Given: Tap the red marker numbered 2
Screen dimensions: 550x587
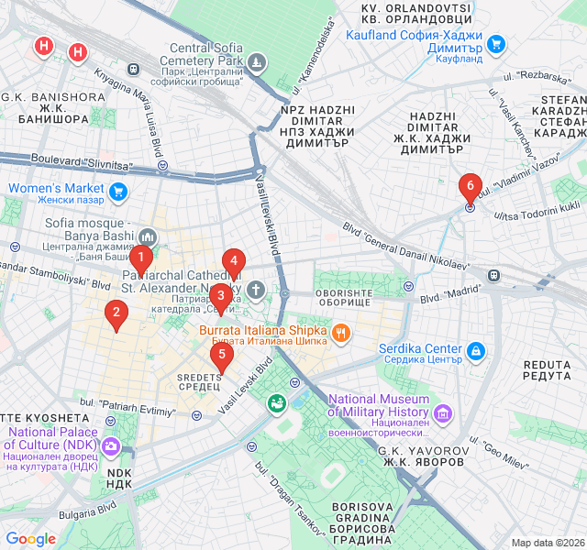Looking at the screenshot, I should point(116,314).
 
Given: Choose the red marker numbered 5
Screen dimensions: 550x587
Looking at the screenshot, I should point(221,357).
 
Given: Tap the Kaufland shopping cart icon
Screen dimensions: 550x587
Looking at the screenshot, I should point(496,43).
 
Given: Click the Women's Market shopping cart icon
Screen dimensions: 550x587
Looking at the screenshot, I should point(117,192).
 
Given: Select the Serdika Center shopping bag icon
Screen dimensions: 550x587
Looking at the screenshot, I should point(475,350).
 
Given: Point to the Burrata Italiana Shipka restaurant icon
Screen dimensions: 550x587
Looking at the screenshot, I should point(339,332).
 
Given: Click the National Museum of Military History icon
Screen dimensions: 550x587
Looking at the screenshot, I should point(443,413).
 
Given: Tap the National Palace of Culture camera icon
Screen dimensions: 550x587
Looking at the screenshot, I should point(111,446).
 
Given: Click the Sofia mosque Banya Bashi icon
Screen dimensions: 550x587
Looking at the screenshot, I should point(150,238).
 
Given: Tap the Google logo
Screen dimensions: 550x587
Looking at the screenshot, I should point(31,539).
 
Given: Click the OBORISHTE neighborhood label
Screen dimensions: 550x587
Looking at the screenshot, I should point(344,300).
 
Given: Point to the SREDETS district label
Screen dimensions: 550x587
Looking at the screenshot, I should point(198,381).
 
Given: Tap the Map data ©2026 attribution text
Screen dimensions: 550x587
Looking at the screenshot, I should point(547,543).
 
